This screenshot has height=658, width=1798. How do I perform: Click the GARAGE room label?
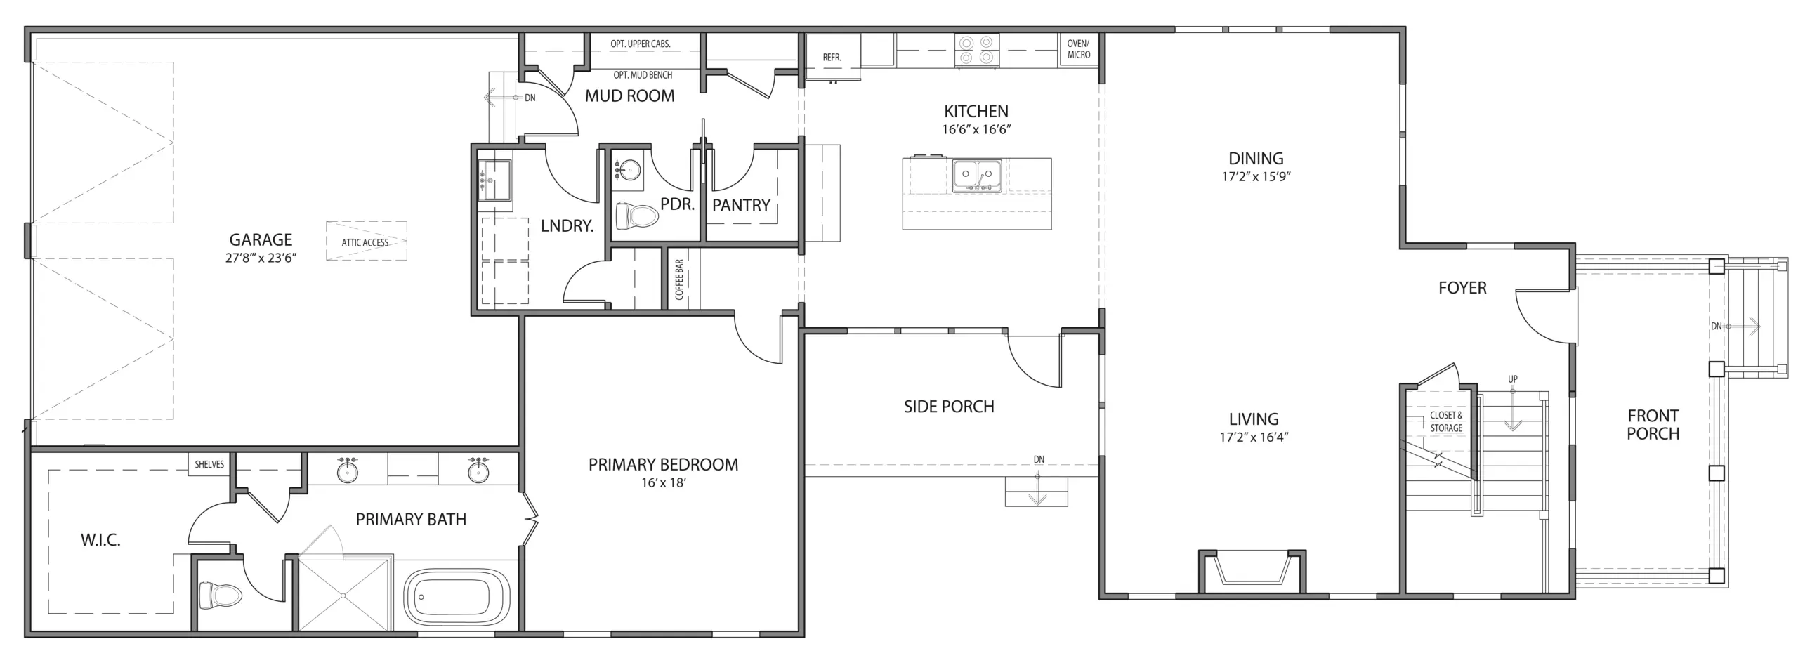pyautogui.click(x=261, y=239)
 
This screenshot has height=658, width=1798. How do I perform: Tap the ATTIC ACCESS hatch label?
pyautogui.click(x=365, y=243)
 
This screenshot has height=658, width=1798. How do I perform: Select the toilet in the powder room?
pyautogui.click(x=636, y=216)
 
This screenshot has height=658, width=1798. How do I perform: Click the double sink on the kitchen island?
pyautogui.click(x=977, y=176)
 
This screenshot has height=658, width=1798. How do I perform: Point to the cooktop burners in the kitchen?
pyautogui.click(x=977, y=50)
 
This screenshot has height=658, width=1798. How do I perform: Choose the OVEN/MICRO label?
pyautogui.click(x=1079, y=49)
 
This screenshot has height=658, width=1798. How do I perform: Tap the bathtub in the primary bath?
pyautogui.click(x=457, y=598)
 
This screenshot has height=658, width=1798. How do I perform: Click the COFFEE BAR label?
pyautogui.click(x=679, y=279)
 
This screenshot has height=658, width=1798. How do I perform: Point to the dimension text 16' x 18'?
pyautogui.click(x=663, y=483)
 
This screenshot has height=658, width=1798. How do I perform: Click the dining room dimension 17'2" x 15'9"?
pyautogui.click(x=1256, y=177)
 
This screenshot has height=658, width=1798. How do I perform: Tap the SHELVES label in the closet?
pyautogui.click(x=209, y=464)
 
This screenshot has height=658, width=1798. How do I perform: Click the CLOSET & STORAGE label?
pyautogui.click(x=1446, y=421)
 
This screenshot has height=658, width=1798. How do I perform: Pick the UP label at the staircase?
pyautogui.click(x=1512, y=379)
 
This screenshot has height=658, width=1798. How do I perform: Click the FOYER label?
pyautogui.click(x=1462, y=288)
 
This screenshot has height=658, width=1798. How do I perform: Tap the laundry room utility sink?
pyautogui.click(x=495, y=180)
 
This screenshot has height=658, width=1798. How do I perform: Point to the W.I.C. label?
pyautogui.click(x=100, y=540)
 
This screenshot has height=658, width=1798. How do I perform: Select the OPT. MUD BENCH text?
pyautogui.click(x=643, y=75)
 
